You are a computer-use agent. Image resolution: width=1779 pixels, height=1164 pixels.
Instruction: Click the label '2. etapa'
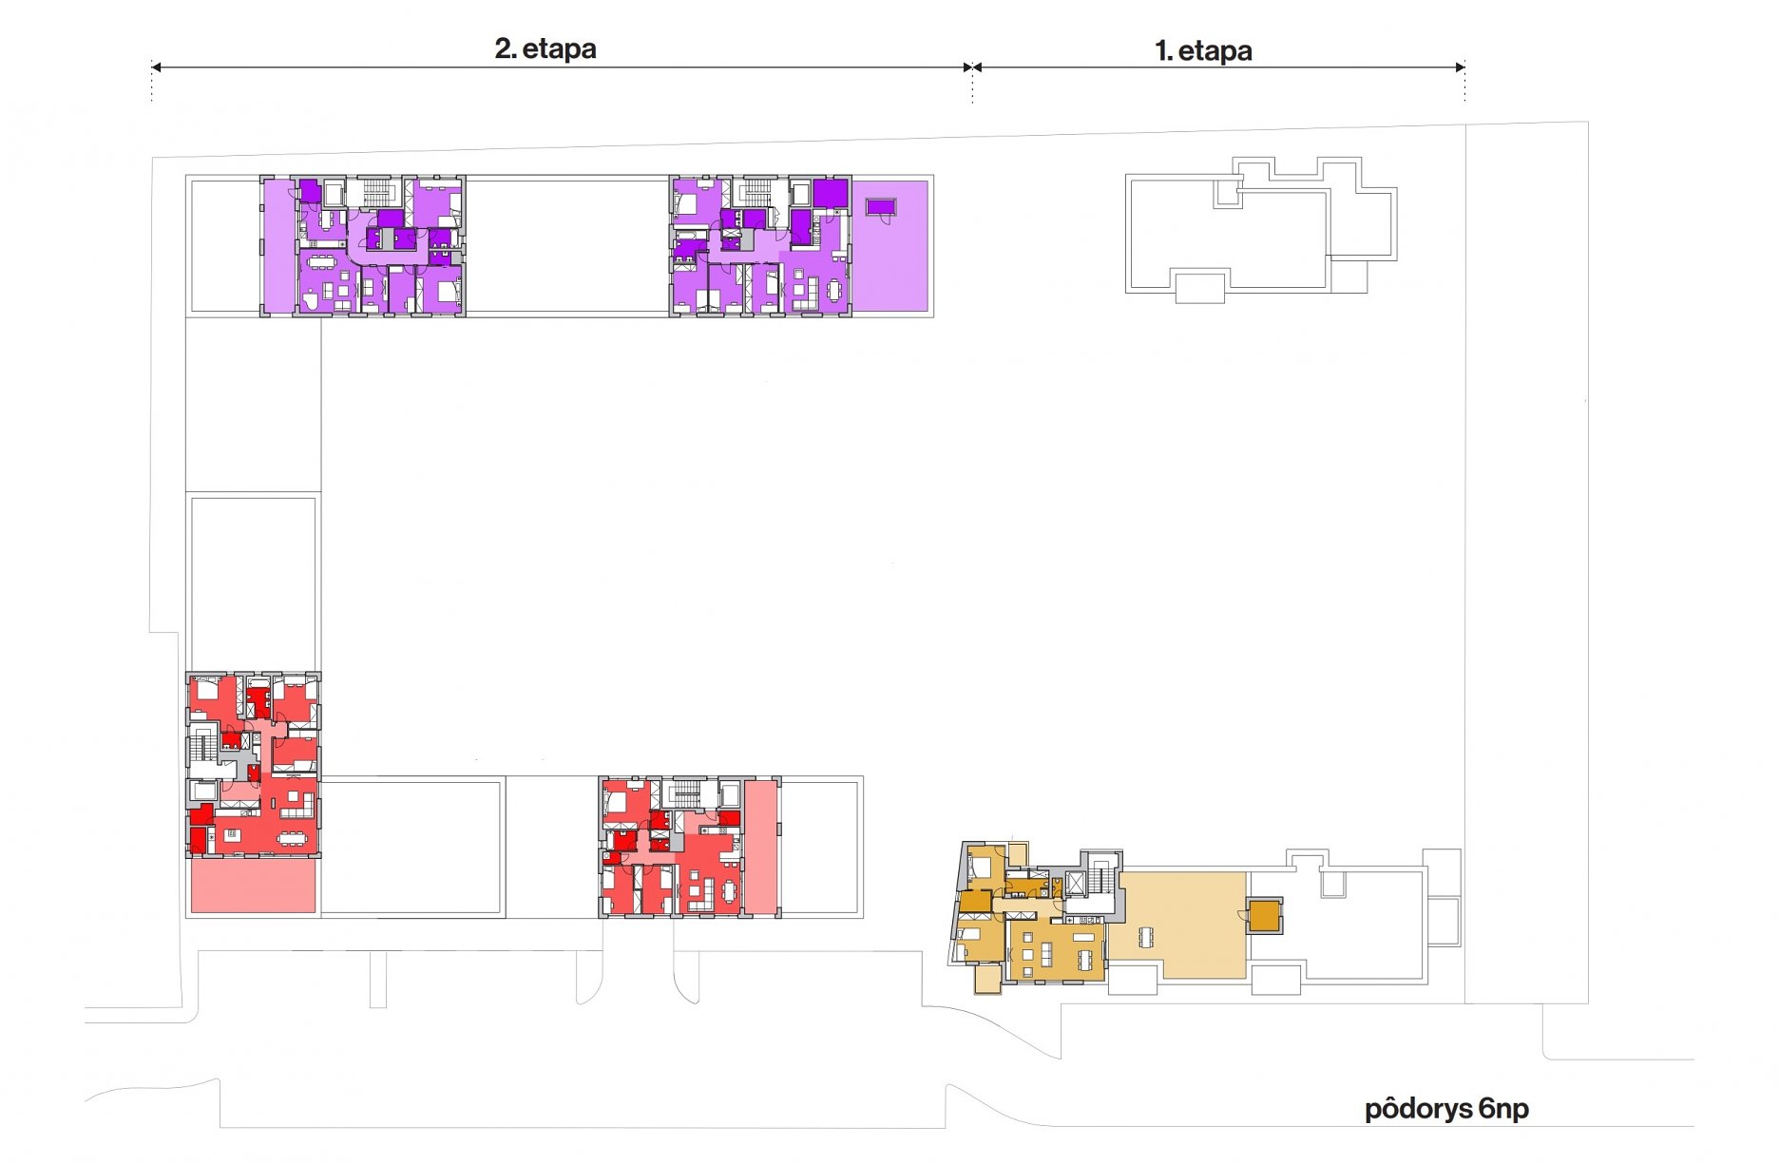545,48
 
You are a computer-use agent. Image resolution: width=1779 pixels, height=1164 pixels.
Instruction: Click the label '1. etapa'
1203,50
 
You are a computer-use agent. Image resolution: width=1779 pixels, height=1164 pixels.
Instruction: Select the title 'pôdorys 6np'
1446,1109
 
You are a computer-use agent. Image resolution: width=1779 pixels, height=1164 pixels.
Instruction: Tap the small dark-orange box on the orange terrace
1264,916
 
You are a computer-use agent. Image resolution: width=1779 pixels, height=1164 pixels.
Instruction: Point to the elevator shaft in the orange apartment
1075,884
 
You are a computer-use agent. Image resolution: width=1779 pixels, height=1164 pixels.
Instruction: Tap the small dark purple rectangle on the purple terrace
881,206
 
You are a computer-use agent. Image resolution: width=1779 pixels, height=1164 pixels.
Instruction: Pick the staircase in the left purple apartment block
376,191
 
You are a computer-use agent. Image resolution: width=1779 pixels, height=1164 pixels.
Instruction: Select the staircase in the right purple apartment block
756,191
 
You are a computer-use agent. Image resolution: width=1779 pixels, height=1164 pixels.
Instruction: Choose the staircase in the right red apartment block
686,792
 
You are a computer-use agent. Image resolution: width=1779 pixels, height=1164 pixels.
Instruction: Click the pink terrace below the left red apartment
253,886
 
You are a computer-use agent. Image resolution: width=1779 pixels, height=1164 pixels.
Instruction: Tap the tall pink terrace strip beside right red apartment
760,847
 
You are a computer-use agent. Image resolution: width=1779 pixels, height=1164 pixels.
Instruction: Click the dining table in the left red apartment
292,837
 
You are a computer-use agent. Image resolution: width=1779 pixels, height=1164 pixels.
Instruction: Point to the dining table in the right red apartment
729,891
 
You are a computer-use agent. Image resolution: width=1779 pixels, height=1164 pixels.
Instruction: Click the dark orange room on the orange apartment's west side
976,900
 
